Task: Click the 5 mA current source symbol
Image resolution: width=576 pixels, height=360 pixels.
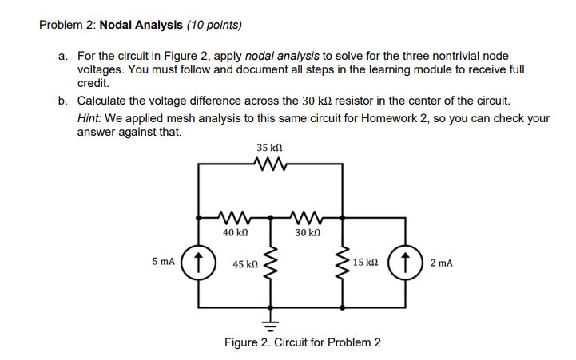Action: (199, 261)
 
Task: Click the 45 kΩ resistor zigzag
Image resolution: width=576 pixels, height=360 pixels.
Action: (271, 262)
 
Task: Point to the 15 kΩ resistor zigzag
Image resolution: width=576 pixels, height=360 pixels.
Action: (343, 261)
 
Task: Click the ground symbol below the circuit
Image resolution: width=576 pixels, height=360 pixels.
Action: (271, 323)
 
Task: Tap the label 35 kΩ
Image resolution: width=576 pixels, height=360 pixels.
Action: (269, 148)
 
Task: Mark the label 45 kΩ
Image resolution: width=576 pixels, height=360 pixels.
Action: (245, 262)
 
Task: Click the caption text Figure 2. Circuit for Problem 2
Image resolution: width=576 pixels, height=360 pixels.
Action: (302, 342)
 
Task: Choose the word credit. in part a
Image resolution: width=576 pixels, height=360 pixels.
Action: (93, 82)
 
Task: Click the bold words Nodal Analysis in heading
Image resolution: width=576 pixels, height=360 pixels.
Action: (140, 25)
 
